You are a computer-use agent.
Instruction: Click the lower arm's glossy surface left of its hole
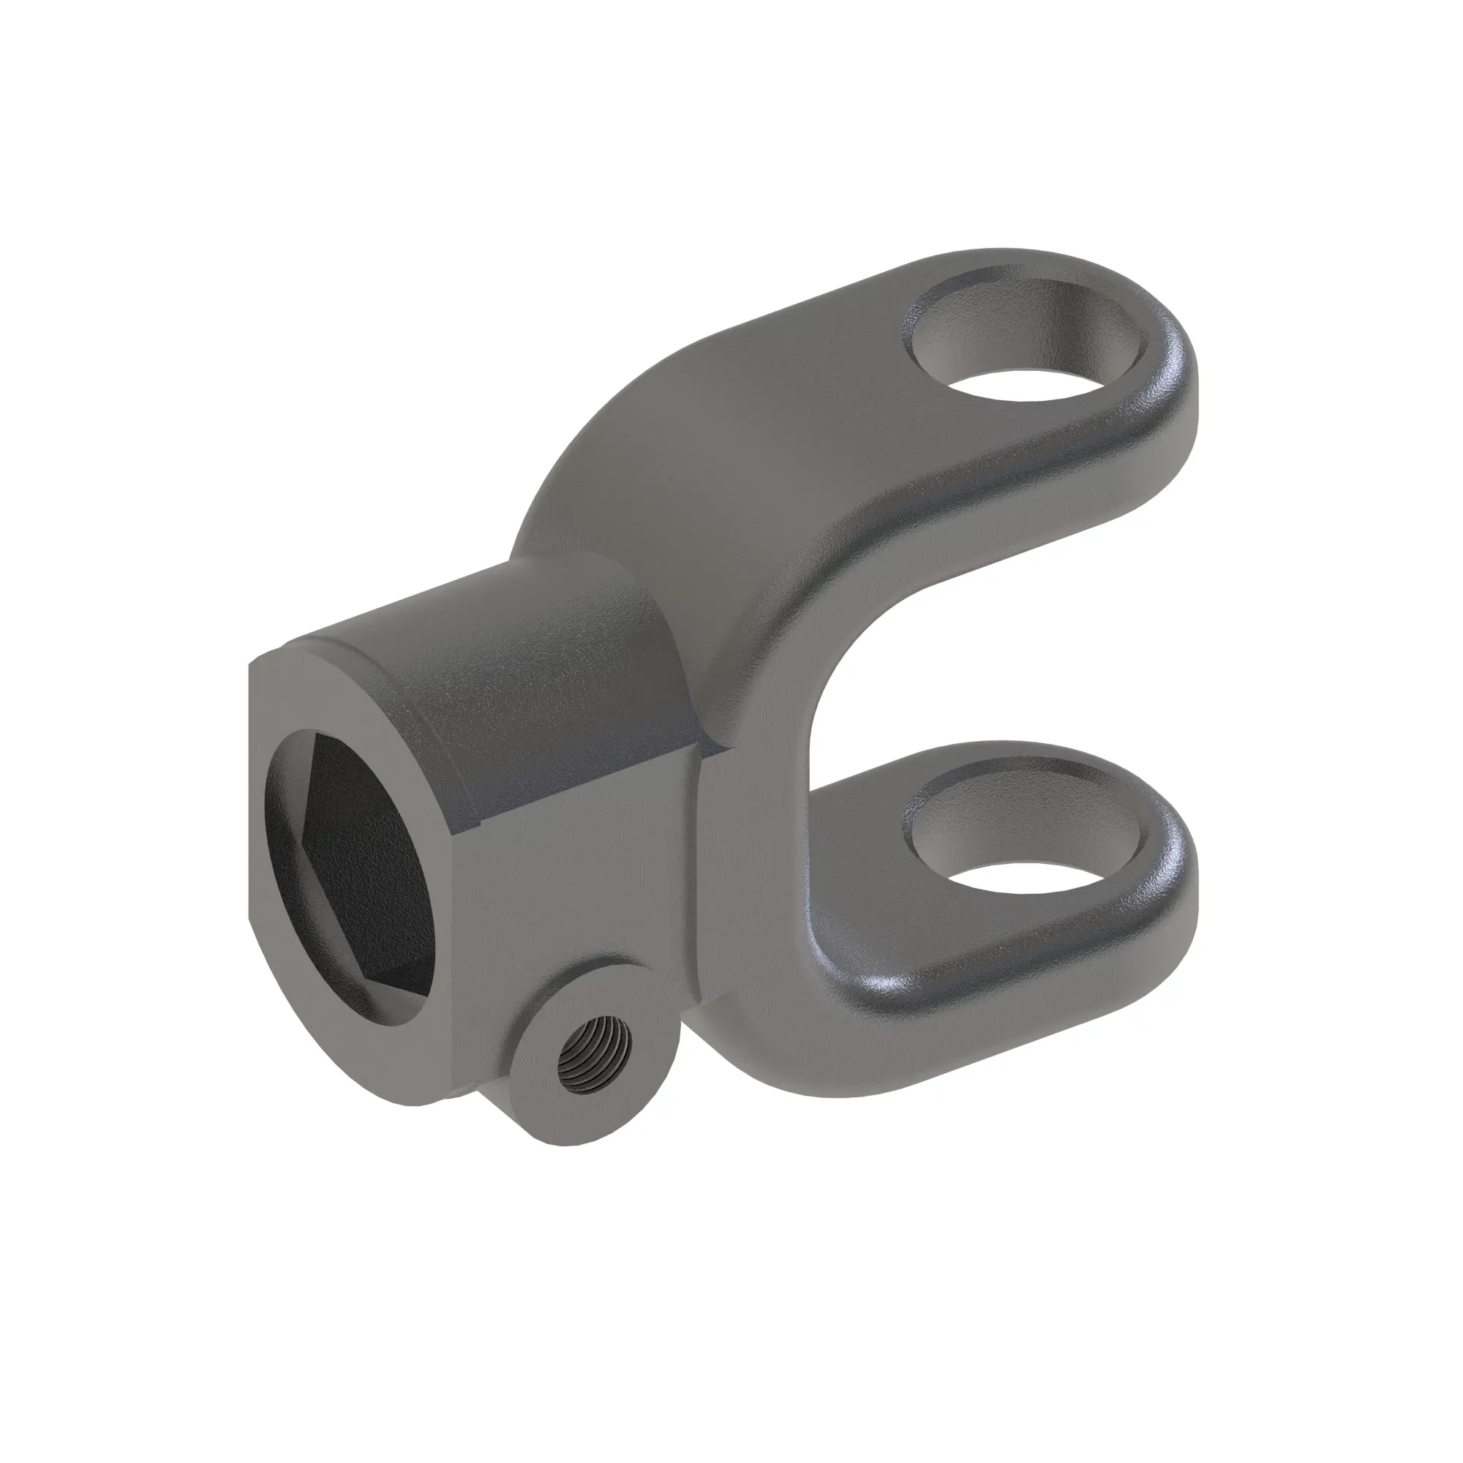[856, 947]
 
